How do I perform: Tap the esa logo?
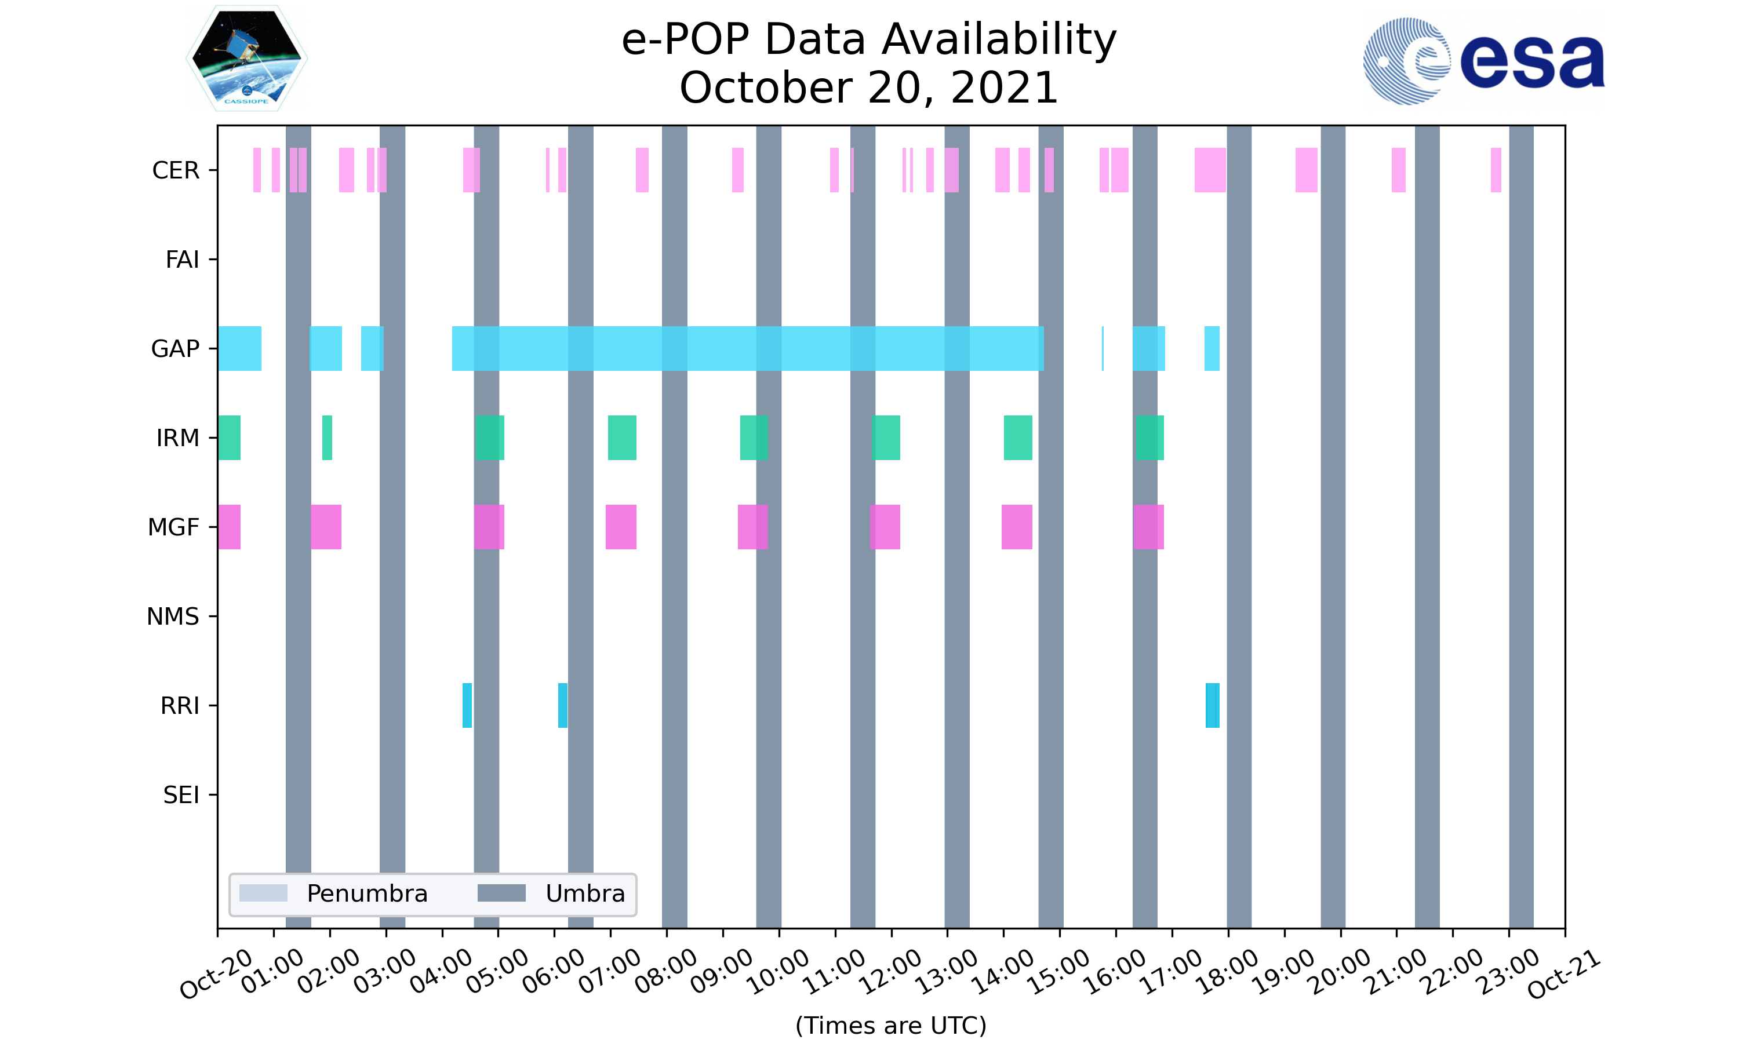click(1483, 61)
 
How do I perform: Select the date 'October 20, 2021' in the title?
click(869, 88)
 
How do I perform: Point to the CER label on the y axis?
click(176, 170)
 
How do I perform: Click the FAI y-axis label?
click(182, 260)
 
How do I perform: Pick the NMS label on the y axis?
click(173, 617)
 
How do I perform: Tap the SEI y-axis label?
click(181, 795)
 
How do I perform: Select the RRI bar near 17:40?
click(1213, 705)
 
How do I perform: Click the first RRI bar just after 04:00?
click(467, 705)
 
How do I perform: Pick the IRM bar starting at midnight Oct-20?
click(229, 438)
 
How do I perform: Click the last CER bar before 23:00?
click(1496, 170)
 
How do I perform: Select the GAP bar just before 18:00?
click(1212, 349)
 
